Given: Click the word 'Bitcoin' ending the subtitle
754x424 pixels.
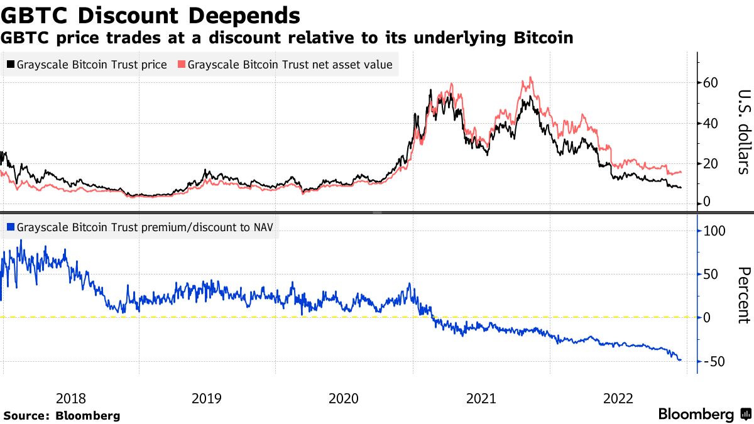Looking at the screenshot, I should [542, 38].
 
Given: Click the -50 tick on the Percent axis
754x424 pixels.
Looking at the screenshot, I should [716, 362].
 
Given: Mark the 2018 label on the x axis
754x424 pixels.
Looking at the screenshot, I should [70, 398].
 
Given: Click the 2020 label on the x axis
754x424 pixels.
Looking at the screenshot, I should [344, 398].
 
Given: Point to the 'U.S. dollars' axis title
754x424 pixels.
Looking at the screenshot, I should [743, 131].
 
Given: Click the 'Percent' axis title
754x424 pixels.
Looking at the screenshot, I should [743, 295].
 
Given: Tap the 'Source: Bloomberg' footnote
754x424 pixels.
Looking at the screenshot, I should [62, 416].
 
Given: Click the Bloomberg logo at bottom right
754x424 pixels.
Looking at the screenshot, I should [704, 415].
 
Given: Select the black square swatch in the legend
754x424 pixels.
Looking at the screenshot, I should [10, 65].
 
